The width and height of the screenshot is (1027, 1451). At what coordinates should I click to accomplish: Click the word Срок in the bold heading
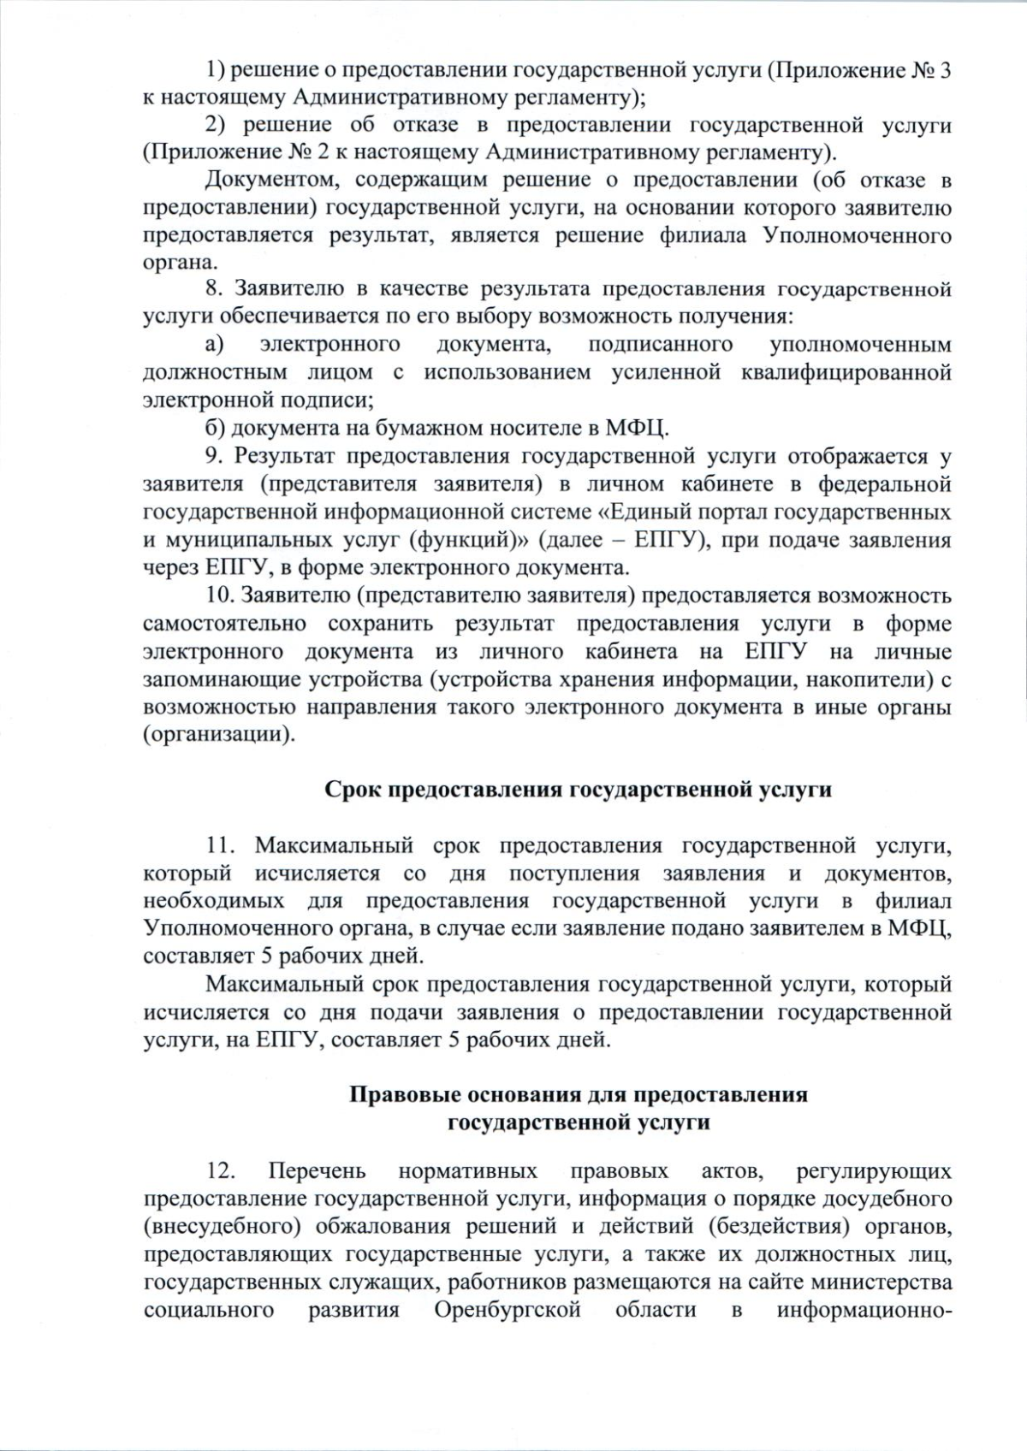353,789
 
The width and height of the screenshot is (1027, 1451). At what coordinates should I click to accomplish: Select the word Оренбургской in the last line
508,1334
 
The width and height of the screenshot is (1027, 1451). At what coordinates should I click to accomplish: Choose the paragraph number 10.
223,595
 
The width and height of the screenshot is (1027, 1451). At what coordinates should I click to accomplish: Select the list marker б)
216,427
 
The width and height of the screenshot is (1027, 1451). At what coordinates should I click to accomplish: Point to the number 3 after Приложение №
944,70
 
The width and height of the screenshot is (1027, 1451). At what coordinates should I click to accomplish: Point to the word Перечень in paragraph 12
318,1170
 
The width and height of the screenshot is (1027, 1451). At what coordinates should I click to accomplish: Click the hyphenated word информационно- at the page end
864,1334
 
